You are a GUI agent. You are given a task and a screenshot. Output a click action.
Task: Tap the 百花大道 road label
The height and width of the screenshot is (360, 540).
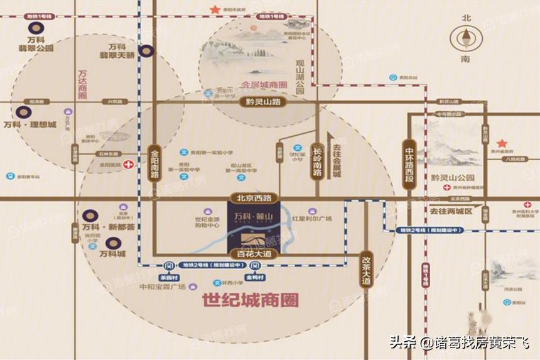click(254, 254)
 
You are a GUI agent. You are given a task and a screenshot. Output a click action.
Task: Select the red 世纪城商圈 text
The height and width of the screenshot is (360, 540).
click(251, 299)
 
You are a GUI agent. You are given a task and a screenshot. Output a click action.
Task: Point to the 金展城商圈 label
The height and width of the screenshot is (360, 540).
click(264, 84)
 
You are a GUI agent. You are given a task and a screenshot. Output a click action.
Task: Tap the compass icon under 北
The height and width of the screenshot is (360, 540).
click(465, 39)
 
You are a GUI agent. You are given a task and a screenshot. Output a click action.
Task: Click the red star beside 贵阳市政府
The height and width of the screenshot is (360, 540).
click(215, 9)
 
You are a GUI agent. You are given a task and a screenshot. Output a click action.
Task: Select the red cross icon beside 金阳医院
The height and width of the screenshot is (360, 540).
click(129, 165)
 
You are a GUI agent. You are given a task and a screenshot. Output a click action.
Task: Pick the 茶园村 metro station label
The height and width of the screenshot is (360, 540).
click(168, 277)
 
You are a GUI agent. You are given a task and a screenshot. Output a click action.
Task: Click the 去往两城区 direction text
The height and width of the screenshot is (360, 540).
click(450, 211)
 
